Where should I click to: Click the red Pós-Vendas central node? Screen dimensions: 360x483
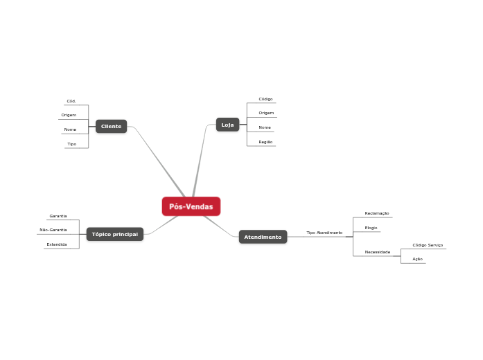191,206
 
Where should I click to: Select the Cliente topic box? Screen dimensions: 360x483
111,126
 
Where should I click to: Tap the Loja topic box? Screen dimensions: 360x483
227,125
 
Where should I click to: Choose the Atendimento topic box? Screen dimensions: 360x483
263,237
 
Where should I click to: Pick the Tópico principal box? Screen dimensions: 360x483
114,234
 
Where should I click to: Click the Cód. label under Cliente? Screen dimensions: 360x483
71,101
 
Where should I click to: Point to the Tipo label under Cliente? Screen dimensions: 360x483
71,144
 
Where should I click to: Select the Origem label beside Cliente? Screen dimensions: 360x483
69,115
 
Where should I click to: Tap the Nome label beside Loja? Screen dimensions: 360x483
265,127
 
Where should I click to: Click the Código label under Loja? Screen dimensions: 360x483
265,99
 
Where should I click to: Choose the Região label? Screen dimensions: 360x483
265,142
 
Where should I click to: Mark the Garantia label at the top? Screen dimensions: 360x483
58,216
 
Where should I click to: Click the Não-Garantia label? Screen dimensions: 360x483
53,230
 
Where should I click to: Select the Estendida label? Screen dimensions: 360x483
57,244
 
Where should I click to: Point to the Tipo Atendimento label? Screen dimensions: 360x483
324,233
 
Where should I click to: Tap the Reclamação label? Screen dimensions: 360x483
377,213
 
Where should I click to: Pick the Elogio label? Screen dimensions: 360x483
371,228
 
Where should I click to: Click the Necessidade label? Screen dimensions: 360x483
378,252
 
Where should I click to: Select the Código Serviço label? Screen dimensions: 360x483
428,245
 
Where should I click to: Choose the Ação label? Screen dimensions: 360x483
417,259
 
